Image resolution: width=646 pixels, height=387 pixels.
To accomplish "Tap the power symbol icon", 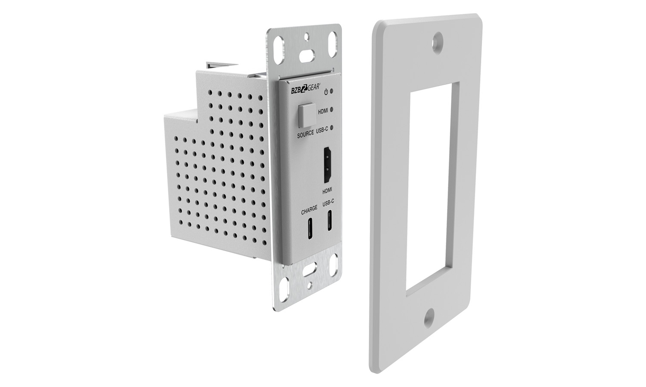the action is tap(326, 92).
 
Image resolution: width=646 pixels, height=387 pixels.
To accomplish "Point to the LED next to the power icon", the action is tap(332, 92).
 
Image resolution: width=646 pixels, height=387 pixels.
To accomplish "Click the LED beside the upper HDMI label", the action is tap(332, 110).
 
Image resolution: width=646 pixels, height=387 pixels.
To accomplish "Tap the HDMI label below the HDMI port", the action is tap(327, 190).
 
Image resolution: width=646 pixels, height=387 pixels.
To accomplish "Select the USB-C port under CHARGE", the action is tap(310, 229).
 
